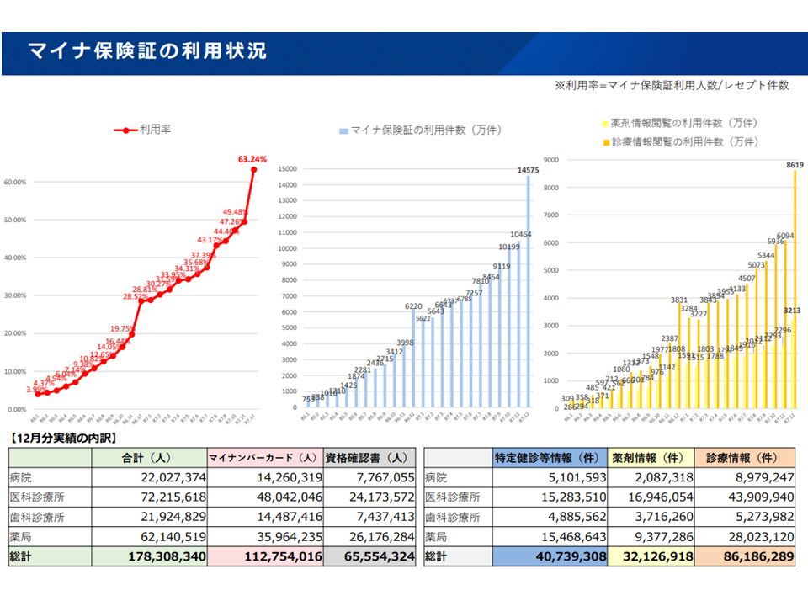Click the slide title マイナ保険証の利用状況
click(x=147, y=51)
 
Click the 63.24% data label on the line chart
click(x=252, y=158)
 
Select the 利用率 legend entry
click(x=155, y=130)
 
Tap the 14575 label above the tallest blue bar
click(x=528, y=169)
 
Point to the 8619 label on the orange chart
click(x=795, y=165)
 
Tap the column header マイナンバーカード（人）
click(x=263, y=458)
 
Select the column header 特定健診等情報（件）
click(x=547, y=458)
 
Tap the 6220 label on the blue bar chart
click(x=413, y=306)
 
